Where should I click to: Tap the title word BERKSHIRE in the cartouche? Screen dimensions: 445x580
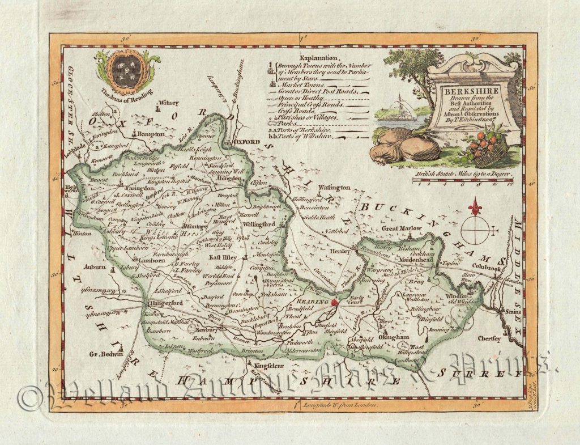[472, 90]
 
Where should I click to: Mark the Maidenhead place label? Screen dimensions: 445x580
[418, 260]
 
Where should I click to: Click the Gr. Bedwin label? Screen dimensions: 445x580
[106, 354]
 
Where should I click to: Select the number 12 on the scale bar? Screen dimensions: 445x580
[511, 184]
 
